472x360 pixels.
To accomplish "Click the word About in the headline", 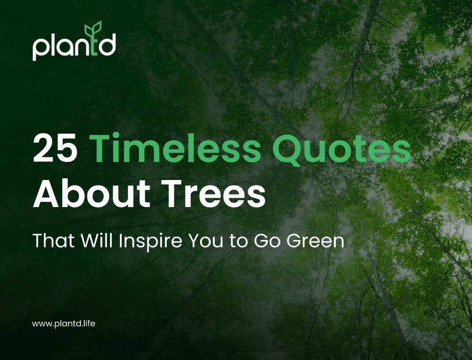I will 91,194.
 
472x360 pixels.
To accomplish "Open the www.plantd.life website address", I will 64,323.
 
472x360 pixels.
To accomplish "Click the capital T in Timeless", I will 105,149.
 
